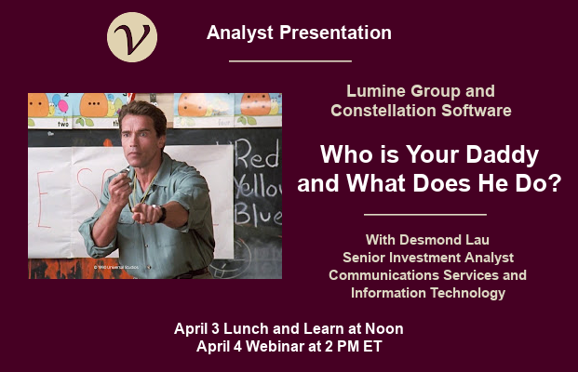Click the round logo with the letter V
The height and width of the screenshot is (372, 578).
pyautogui.click(x=132, y=37)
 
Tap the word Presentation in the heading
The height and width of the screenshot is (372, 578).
pyautogui.click(x=335, y=33)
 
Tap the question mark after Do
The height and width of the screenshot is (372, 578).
pyautogui.click(x=555, y=183)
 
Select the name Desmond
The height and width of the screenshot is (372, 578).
pyautogui.click(x=431, y=240)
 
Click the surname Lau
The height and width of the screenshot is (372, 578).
pyautogui.click(x=477, y=240)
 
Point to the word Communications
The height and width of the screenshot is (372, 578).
pyautogui.click(x=384, y=275)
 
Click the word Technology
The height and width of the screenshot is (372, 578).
pyautogui.click(x=468, y=293)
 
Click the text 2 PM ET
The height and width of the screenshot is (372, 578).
pyautogui.click(x=354, y=346)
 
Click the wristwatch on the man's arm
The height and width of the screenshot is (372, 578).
pyautogui.click(x=161, y=213)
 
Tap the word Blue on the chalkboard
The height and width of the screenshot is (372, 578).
pyautogui.click(x=258, y=214)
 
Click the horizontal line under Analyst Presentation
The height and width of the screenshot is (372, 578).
pyautogui.click(x=290, y=60)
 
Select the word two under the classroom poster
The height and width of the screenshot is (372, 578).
pyautogui.click(x=63, y=124)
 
